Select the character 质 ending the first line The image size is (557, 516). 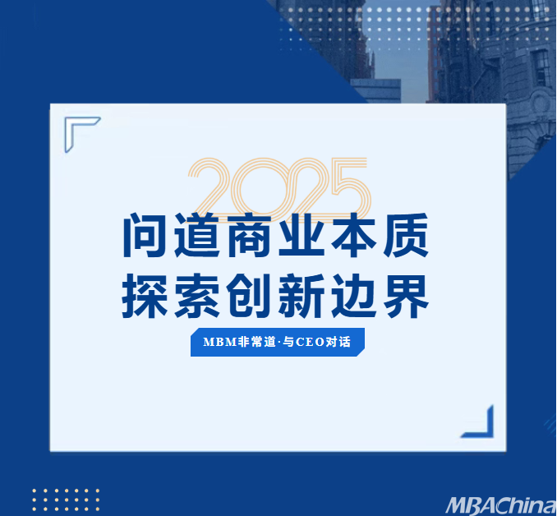(x=406, y=235)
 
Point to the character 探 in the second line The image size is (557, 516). (x=145, y=296)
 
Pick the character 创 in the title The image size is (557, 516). (x=249, y=296)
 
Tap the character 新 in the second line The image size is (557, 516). (x=302, y=296)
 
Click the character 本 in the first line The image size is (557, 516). (x=354, y=235)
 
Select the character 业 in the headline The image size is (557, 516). (x=302, y=235)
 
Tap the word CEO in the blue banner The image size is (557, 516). (x=310, y=342)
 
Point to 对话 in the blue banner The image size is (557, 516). (x=338, y=342)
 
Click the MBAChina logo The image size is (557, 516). (x=501, y=505)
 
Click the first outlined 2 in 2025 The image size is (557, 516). (x=211, y=187)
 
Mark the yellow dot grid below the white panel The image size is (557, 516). (x=66, y=500)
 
